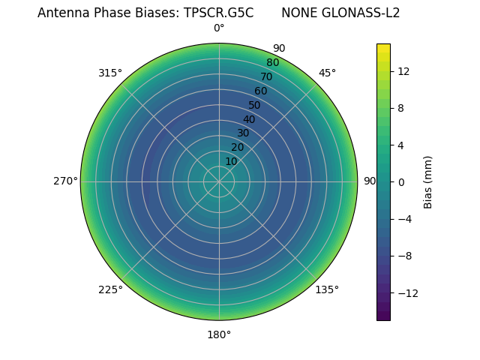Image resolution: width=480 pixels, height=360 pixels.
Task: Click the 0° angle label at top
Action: [219, 28]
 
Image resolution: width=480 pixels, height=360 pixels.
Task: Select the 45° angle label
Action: [327, 73]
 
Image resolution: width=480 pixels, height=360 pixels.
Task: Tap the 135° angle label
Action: [327, 289]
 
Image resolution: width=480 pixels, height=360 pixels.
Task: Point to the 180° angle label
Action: [219, 334]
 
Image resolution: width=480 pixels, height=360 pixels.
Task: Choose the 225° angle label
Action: [110, 289]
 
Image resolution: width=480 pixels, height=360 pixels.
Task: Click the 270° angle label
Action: [66, 181]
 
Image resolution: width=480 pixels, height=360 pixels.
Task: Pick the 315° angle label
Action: [110, 73]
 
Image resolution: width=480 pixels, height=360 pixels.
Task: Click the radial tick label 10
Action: [231, 161]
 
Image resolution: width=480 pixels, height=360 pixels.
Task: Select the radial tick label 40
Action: [249, 119]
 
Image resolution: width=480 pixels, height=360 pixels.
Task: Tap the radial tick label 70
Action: [266, 76]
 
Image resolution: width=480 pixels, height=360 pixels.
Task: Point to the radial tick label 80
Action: [272, 62]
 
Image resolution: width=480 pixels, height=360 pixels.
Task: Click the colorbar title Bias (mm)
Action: [428, 181]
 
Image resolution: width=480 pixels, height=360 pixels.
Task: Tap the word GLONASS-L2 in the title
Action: [362, 13]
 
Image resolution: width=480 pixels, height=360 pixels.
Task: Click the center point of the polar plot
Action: [219, 181]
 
